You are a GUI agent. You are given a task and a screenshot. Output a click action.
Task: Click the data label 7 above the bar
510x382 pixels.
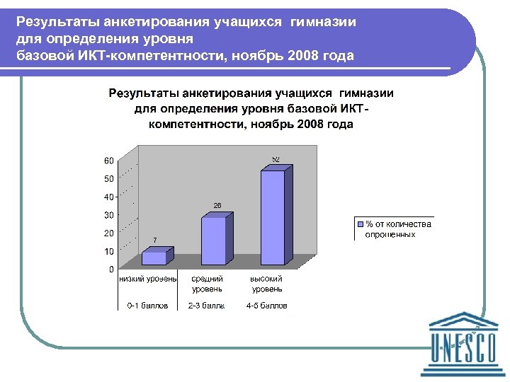point(155,241)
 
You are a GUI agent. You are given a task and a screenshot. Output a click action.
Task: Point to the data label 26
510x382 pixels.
point(217,205)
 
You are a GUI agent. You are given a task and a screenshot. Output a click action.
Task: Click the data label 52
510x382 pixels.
point(276,159)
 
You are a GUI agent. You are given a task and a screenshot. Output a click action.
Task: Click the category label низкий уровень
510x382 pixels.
point(148,279)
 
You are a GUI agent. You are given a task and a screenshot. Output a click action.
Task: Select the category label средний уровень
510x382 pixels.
point(208,284)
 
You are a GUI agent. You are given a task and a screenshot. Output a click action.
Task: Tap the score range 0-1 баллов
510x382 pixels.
point(148,306)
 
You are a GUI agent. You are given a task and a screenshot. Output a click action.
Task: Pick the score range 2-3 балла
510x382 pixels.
point(207,306)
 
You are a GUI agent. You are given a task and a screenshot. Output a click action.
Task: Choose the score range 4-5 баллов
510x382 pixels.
point(267,306)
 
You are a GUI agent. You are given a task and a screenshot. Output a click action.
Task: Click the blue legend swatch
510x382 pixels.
point(360,224)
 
